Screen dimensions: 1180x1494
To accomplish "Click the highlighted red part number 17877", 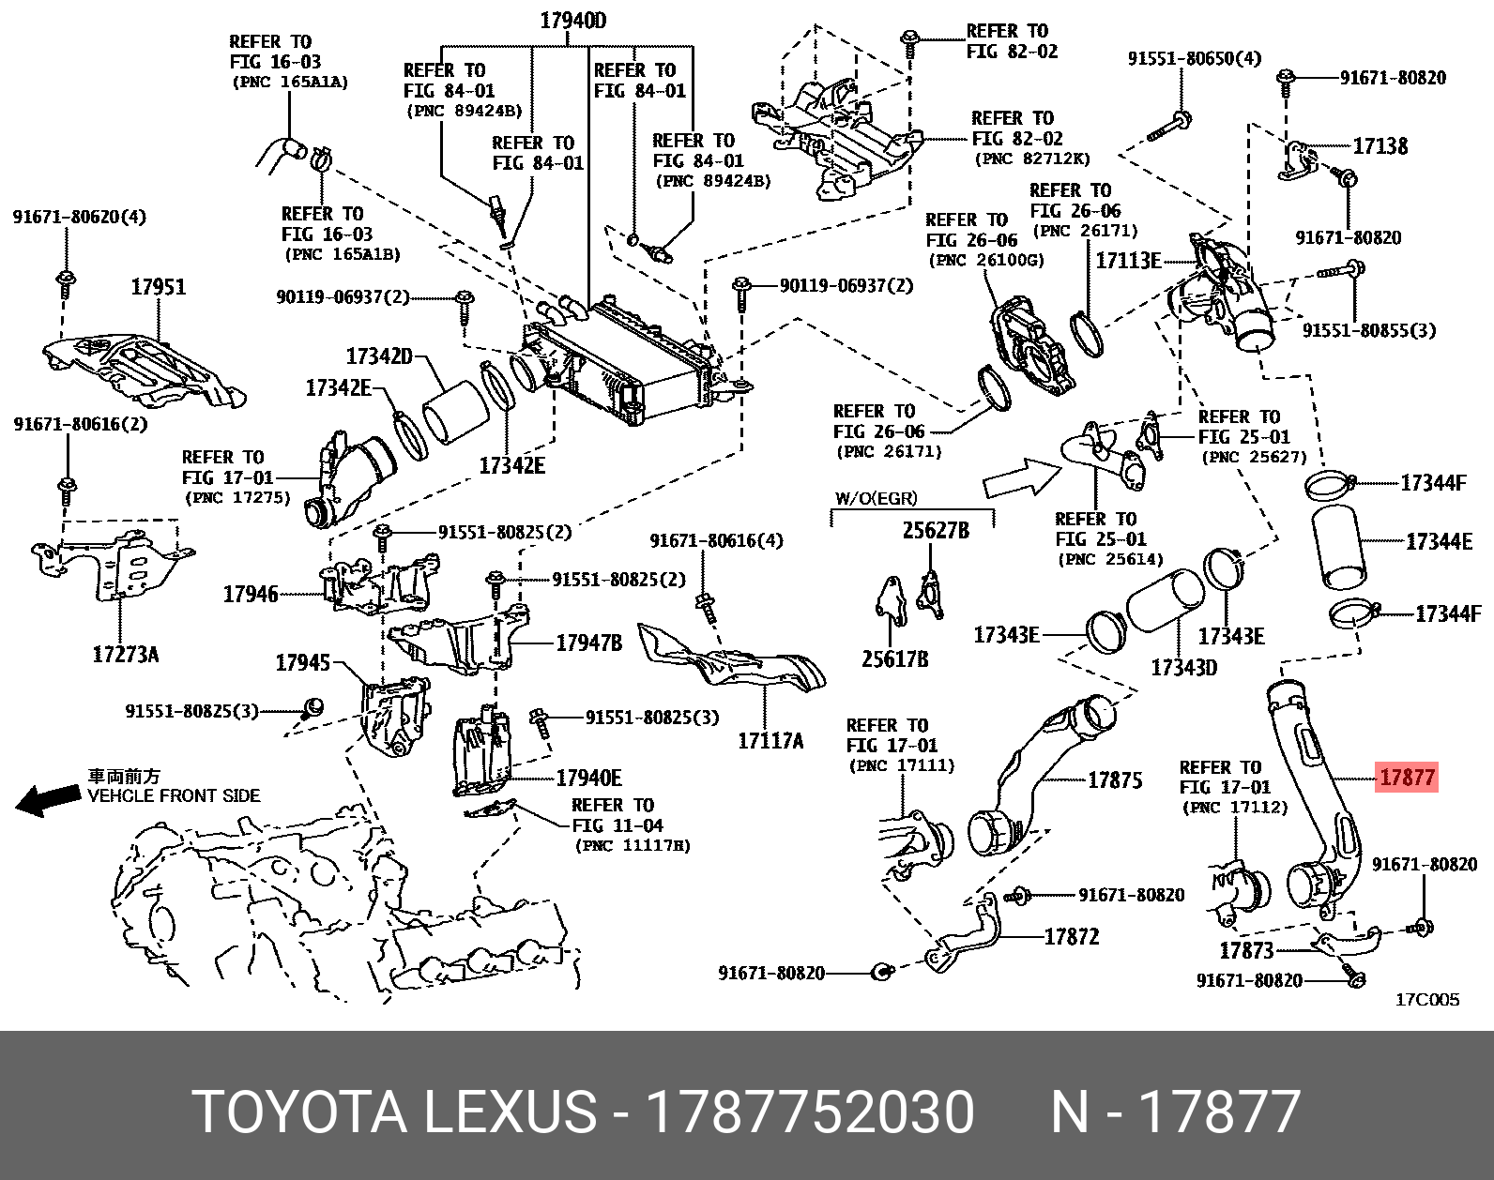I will tap(1406, 777).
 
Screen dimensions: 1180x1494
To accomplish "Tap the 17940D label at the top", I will tap(572, 21).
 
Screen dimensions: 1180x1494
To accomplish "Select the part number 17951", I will tap(158, 287).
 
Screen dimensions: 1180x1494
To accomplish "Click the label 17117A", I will tap(770, 741).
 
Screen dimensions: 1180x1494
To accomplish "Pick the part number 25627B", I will tap(935, 531).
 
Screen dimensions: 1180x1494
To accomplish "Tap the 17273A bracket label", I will tap(126, 655).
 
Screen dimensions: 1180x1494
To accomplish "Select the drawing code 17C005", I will tap(1426, 1000).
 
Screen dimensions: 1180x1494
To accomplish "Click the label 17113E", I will tap(1128, 261).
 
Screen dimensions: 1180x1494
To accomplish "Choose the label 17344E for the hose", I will tap(1439, 541).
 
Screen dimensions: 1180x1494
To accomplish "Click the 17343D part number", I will tap(1183, 668).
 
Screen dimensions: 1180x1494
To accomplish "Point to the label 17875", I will tap(1115, 779).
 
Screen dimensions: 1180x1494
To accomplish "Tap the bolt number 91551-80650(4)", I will tap(1194, 58).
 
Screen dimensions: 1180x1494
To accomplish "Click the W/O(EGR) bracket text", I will tap(876, 498).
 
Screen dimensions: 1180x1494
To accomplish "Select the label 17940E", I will tap(588, 778).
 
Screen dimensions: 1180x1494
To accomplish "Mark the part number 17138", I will tap(1380, 145).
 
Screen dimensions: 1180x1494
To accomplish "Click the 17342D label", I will tap(379, 356).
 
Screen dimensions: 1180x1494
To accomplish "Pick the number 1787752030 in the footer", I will tap(810, 1112).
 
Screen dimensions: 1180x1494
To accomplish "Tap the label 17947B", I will tap(588, 643).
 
